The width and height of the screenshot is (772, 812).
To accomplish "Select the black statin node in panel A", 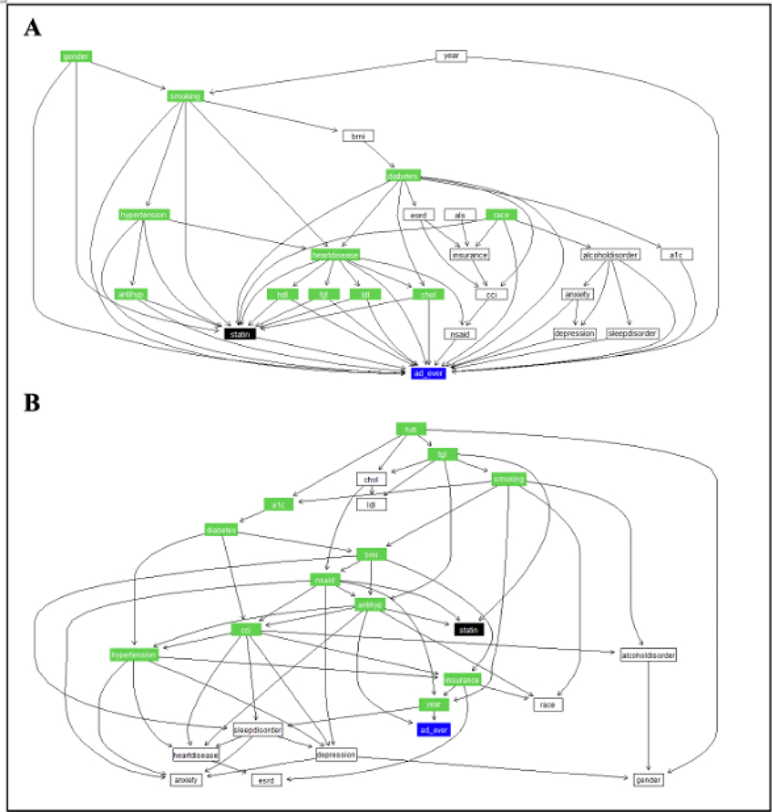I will click(240, 333).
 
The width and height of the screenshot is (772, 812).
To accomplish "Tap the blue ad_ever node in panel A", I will click(428, 373).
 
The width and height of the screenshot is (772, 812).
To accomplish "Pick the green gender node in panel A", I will click(77, 56).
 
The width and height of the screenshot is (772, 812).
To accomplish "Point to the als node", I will click(459, 213).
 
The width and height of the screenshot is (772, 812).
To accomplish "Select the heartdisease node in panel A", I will click(335, 254).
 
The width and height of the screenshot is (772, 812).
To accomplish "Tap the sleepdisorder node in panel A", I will click(632, 333).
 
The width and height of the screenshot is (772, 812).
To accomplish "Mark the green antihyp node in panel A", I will click(131, 294).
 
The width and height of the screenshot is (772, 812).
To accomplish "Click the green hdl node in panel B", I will click(411, 428).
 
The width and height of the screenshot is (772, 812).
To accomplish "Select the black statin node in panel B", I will click(469, 629).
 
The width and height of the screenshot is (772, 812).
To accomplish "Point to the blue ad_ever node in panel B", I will click(433, 728).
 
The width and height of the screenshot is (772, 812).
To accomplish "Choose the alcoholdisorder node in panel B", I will click(649, 654).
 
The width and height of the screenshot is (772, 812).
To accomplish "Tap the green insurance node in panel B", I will click(462, 679).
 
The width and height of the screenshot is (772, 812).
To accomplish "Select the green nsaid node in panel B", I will click(325, 579).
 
